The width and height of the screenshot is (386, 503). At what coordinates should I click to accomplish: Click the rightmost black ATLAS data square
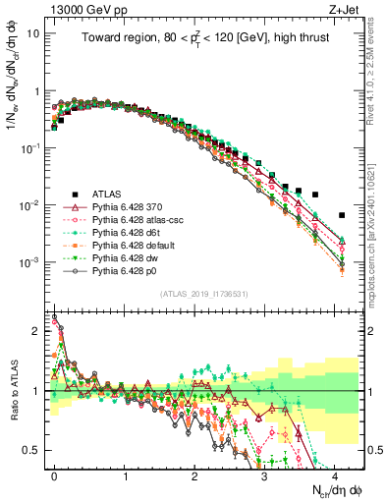(342, 215)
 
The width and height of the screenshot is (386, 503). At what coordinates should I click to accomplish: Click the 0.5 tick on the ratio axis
(36, 450)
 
